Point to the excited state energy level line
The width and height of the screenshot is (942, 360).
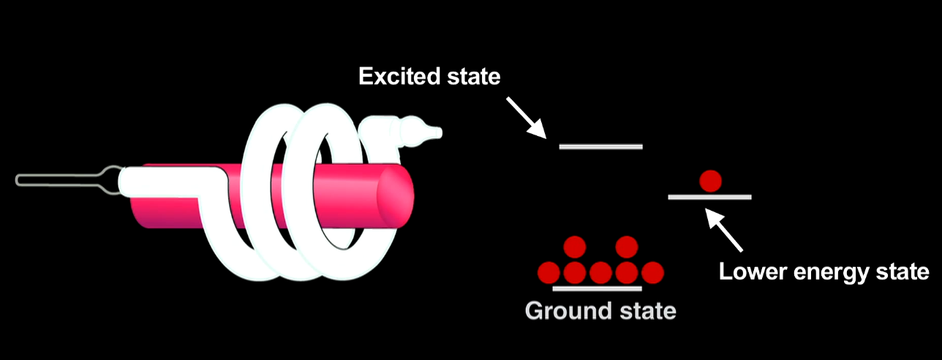coord(600,146)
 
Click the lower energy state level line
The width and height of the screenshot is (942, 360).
coord(709,197)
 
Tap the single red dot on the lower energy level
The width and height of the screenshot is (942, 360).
coord(710,180)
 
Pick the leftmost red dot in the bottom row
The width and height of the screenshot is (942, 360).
coord(549,273)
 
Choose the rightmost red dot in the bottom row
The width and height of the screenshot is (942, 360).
coord(652,273)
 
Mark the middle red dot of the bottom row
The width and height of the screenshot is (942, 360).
coord(600,273)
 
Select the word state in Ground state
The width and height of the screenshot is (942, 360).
coord(642,311)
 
